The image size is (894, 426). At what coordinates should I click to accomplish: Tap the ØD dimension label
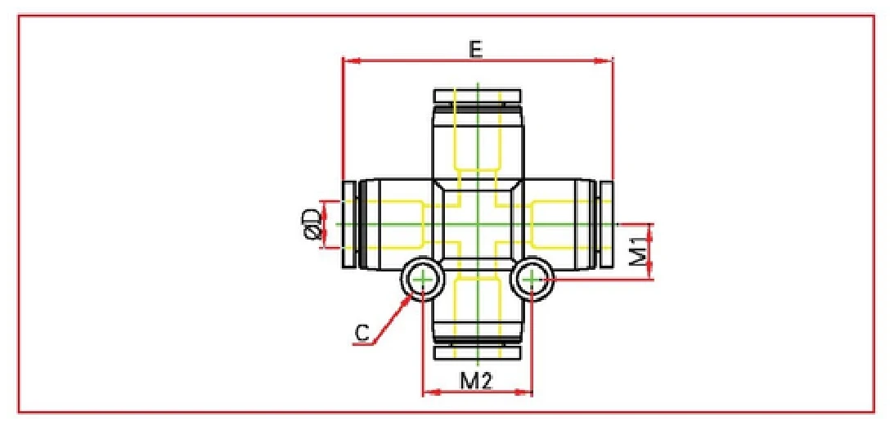(x=312, y=224)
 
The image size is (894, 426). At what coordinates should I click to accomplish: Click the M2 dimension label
(x=476, y=380)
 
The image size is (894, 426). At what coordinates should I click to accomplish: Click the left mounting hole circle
(x=422, y=280)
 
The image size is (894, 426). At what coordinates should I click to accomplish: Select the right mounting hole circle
(x=532, y=280)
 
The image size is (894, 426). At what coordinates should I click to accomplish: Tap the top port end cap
(x=477, y=96)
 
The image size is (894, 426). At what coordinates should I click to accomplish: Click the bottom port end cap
(x=477, y=352)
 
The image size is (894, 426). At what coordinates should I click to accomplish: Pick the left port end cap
(x=348, y=224)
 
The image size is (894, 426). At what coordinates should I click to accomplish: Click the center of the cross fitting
(x=477, y=224)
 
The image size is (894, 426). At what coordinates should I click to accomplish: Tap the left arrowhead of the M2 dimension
(x=427, y=392)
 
